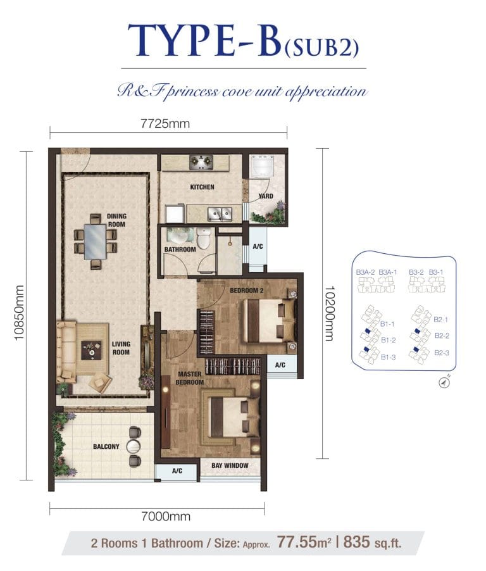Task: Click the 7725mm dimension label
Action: point(165,123)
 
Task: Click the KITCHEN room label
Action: point(202,187)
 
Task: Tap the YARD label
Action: point(266,196)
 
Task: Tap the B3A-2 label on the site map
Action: point(365,272)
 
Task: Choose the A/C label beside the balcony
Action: point(177,472)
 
